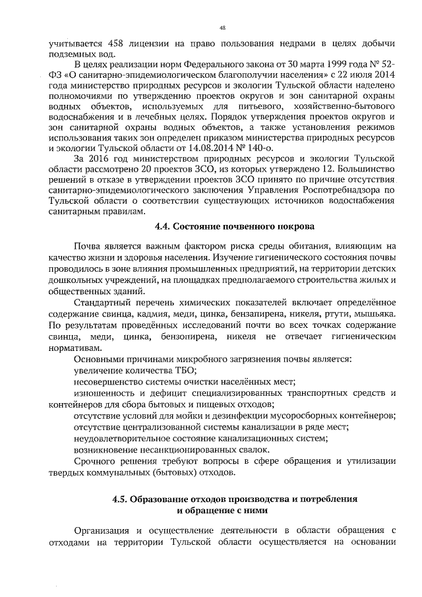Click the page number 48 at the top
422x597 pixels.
222,28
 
